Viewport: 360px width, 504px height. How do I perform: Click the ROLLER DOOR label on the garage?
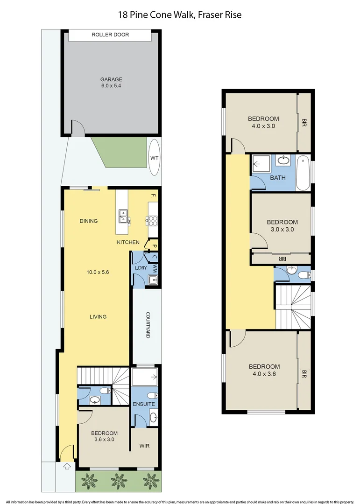tap(110, 35)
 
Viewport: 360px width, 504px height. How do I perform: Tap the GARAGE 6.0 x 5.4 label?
tap(111, 83)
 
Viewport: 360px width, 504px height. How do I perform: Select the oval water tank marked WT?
tap(154, 158)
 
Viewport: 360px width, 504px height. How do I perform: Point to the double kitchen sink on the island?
tap(124, 216)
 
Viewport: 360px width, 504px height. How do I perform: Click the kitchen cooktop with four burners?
tap(153, 219)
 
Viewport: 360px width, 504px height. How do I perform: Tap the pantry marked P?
tap(154, 245)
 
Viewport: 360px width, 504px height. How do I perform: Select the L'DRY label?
tap(140, 268)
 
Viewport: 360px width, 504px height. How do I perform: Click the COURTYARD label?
tap(147, 325)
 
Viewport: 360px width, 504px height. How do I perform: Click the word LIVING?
tap(98, 317)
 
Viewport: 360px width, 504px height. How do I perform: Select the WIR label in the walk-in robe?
tap(145, 446)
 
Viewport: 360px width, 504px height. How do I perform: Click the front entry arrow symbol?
tap(66, 465)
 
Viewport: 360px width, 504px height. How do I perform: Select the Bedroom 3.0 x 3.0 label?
tap(282, 226)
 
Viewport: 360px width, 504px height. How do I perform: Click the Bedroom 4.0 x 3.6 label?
tap(264, 370)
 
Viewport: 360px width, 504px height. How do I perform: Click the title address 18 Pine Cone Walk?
tap(180, 15)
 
